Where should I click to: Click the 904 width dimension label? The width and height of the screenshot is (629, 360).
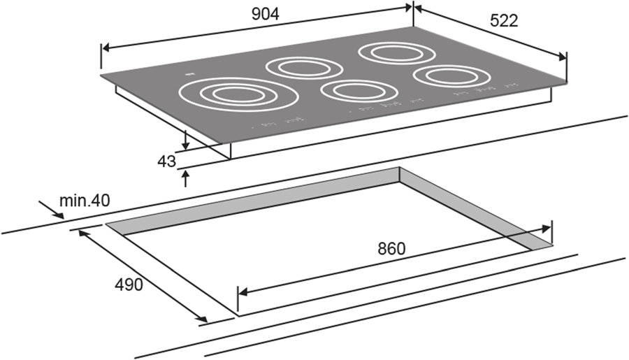click(265, 14)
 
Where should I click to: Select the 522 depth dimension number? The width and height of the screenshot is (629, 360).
click(504, 21)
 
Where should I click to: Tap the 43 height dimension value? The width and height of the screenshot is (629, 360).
click(166, 161)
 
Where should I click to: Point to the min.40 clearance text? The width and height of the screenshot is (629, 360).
click(85, 200)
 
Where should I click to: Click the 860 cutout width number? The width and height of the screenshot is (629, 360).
click(391, 249)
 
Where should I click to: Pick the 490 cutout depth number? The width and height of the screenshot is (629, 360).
click(129, 285)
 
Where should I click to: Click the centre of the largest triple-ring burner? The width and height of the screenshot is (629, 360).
click(239, 94)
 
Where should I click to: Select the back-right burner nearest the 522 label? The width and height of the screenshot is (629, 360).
click(397, 52)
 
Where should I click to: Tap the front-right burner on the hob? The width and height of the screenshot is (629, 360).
click(452, 76)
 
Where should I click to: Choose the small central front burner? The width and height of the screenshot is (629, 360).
click(359, 90)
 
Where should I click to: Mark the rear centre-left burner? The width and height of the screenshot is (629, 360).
click(304, 68)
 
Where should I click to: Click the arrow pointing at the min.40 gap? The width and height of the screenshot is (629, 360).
click(51, 210)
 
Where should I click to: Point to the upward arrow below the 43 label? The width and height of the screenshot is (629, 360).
click(185, 178)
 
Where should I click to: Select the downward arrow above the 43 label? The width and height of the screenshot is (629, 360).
click(185, 139)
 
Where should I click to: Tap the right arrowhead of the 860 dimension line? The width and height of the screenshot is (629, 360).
click(546, 229)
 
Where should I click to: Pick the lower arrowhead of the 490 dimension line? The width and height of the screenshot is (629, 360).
click(203, 319)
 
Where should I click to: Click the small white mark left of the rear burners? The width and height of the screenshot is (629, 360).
click(189, 74)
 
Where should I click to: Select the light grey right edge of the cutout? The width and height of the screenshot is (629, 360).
click(476, 208)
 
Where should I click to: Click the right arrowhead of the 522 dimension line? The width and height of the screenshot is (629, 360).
click(562, 57)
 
